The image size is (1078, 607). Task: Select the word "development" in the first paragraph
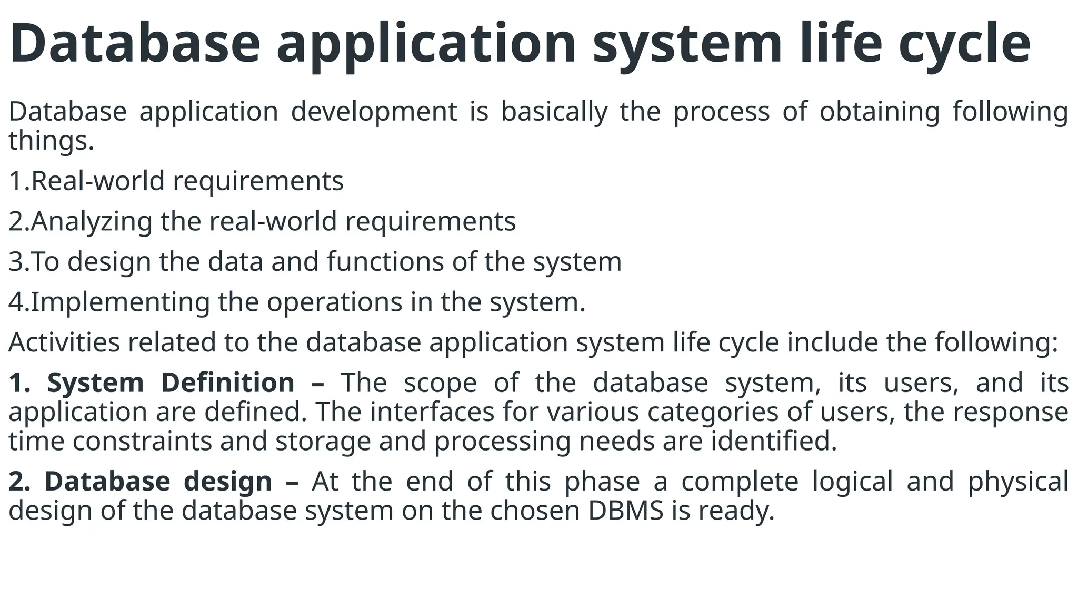click(374, 112)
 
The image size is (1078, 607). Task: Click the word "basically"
click(554, 112)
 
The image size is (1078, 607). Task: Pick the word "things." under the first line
click(51, 141)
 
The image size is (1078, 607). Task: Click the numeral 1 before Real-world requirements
click(15, 181)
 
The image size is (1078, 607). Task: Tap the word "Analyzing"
click(91, 221)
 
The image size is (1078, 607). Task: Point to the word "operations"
click(334, 302)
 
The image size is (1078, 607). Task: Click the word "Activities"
click(64, 342)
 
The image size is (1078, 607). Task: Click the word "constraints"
click(142, 440)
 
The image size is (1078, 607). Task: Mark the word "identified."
click(774, 440)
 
